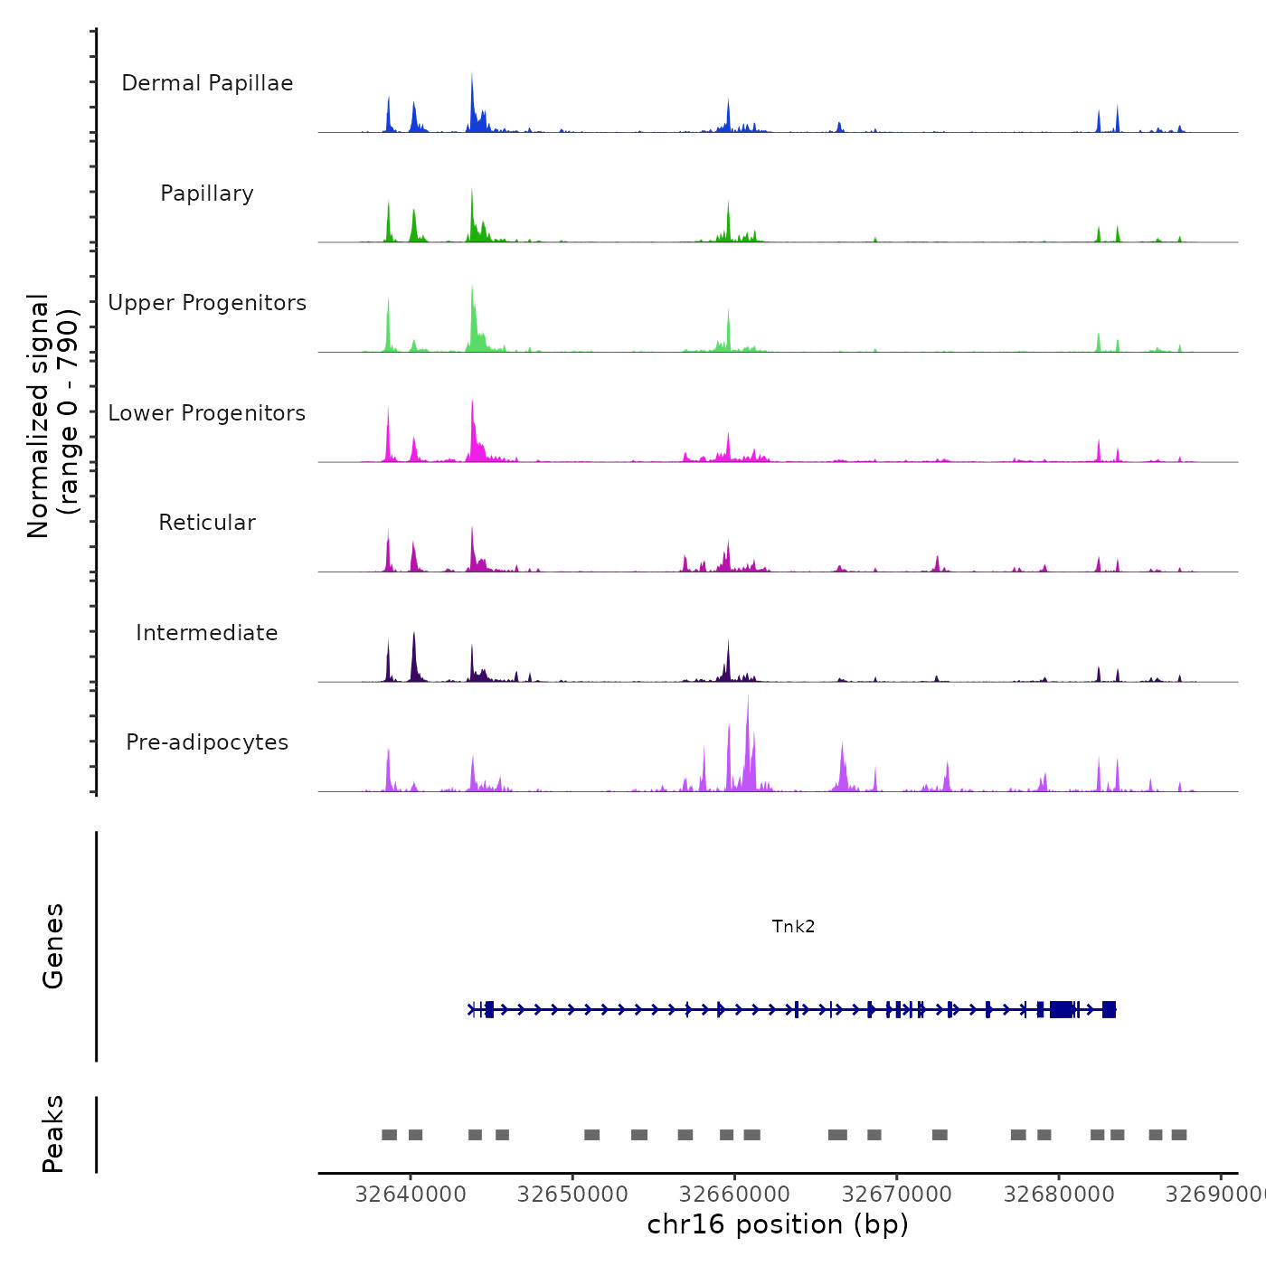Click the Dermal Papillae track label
[207, 83]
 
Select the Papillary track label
[207, 194]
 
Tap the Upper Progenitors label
[207, 303]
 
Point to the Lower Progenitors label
[207, 413]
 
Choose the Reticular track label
[207, 523]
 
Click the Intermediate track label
[207, 633]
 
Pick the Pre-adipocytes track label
[207, 742]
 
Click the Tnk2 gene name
[793, 926]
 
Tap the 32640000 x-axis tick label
[411, 1195]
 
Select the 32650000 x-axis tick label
[572, 1195]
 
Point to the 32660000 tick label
[734, 1195]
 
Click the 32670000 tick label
[897, 1195]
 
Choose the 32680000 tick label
[1059, 1195]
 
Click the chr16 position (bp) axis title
[778, 1224]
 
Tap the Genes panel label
[53, 946]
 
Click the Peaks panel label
[53, 1134]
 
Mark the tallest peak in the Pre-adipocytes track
[748, 698]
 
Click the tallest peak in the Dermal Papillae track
[472, 76]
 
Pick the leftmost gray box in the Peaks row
[389, 1135]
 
